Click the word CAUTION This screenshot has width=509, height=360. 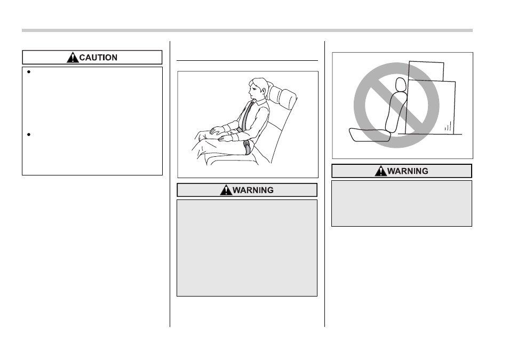pos(98,58)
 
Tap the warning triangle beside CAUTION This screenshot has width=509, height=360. pos(73,57)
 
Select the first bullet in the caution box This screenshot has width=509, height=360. pos(29,72)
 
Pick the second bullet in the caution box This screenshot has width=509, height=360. pos(29,134)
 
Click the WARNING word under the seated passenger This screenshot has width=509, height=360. pos(253,190)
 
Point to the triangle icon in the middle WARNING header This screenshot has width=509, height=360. pos(226,190)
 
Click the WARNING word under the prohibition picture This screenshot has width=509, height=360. pos(408,171)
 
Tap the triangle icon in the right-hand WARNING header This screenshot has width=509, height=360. pos(381,171)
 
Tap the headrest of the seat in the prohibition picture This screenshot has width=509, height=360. pos(401,84)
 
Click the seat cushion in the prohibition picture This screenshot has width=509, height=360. pos(369,135)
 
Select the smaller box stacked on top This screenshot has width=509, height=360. pos(426,71)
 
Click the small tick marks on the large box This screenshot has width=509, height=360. pos(448,126)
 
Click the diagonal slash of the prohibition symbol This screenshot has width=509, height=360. pos(396,105)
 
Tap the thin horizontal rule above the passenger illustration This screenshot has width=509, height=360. pos(247,60)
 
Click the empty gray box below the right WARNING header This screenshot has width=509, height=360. pos(402,204)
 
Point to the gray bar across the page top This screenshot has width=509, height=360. pos(247,30)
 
